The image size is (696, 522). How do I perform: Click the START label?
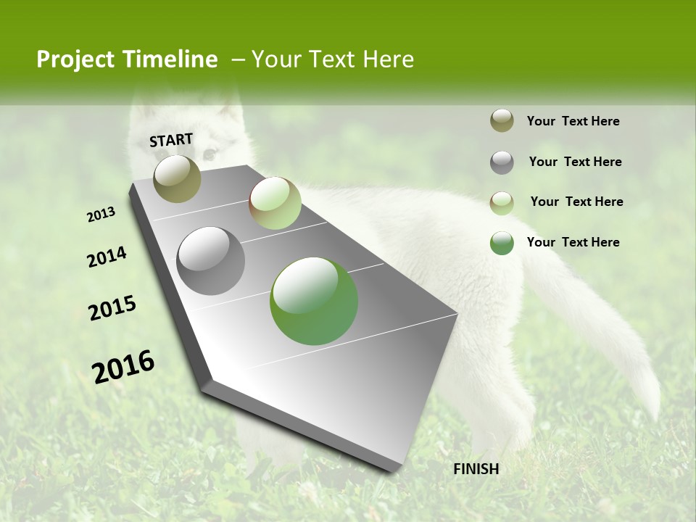[x=171, y=140]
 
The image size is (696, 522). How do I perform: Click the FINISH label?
[x=476, y=469]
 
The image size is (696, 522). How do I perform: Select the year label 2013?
[x=101, y=215]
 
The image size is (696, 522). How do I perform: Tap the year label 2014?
[x=107, y=257]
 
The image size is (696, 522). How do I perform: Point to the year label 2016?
[x=123, y=366]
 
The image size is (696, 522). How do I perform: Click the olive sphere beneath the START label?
[x=177, y=178]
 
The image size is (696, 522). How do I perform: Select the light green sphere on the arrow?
[x=275, y=203]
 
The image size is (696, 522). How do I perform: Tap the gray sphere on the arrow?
[x=211, y=261]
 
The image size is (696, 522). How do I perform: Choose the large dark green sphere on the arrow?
[x=314, y=301]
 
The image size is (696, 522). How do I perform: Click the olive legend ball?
[x=502, y=121]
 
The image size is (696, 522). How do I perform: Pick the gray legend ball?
[x=502, y=162]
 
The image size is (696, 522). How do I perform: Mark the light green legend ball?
[x=502, y=203]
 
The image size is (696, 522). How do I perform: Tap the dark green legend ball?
[x=502, y=243]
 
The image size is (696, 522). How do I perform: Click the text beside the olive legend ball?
[x=573, y=122]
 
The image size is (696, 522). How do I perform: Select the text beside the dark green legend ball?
[x=573, y=242]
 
